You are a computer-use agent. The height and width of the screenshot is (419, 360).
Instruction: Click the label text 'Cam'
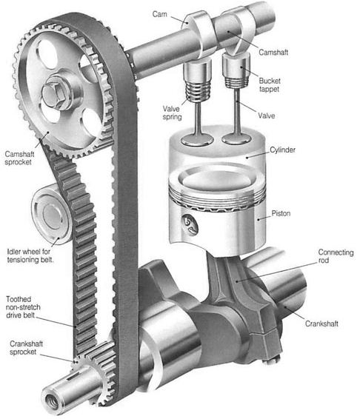159,14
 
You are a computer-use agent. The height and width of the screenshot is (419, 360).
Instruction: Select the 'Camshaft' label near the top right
273,52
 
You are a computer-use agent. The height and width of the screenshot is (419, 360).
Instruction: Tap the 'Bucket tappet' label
270,84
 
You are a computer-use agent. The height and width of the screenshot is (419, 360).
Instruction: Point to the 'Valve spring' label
172,113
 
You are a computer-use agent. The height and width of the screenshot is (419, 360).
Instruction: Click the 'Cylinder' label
283,150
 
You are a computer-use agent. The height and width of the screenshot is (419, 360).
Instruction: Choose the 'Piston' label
281,213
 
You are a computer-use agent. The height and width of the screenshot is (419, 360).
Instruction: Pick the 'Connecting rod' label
336,256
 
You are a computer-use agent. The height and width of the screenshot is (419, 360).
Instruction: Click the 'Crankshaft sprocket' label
26,347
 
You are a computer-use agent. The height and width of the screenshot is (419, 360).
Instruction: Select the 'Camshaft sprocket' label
19,158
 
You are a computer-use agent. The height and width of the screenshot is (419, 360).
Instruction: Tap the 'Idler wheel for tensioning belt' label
30,255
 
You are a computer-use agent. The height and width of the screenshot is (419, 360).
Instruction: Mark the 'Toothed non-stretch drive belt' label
23,307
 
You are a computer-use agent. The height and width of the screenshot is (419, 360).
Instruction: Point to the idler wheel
51,214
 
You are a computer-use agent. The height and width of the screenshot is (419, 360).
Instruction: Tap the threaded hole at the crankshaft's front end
52,400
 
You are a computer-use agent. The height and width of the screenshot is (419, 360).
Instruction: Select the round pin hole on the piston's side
190,223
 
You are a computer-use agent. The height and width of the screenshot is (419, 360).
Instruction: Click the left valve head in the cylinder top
197,140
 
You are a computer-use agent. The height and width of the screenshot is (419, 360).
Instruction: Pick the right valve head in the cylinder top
236,138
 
